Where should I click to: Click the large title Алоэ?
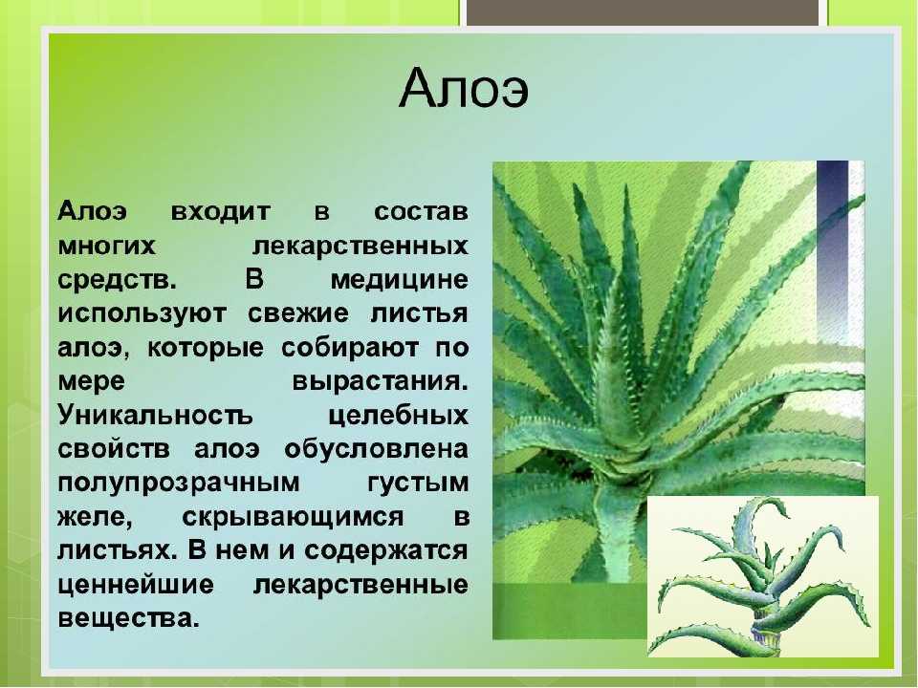[x=464, y=88]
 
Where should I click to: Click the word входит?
[x=221, y=211]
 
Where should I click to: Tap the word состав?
[x=421, y=211]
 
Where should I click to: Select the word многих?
[x=106, y=246]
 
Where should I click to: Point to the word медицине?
[x=400, y=280]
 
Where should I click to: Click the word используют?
[x=142, y=314]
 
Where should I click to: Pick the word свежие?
[x=298, y=313]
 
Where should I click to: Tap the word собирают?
[x=350, y=348]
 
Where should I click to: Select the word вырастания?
[x=380, y=382]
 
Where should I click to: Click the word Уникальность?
[x=155, y=416]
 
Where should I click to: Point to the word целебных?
[x=398, y=416]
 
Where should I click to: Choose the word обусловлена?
[x=377, y=449]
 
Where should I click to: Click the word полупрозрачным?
[x=179, y=484]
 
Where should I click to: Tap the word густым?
[x=418, y=484]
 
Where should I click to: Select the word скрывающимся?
[x=293, y=518]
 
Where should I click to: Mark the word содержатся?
[x=385, y=551]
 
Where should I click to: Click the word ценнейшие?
[x=136, y=585]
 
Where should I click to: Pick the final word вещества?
[x=128, y=618]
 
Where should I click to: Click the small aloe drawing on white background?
[x=763, y=576]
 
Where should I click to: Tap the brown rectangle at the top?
[x=643, y=12]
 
